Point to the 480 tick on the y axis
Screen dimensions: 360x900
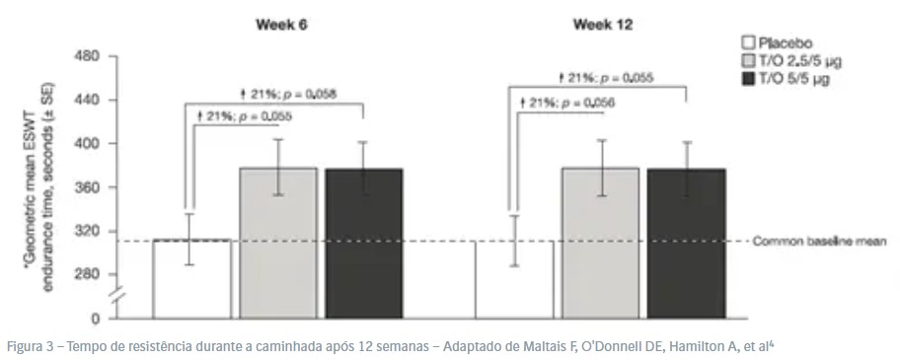point(87,56)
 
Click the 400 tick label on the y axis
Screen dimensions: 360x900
point(87,144)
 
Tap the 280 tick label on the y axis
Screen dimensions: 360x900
point(87,274)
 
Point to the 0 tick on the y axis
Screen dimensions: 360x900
point(96,319)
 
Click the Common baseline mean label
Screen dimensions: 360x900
point(823,241)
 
